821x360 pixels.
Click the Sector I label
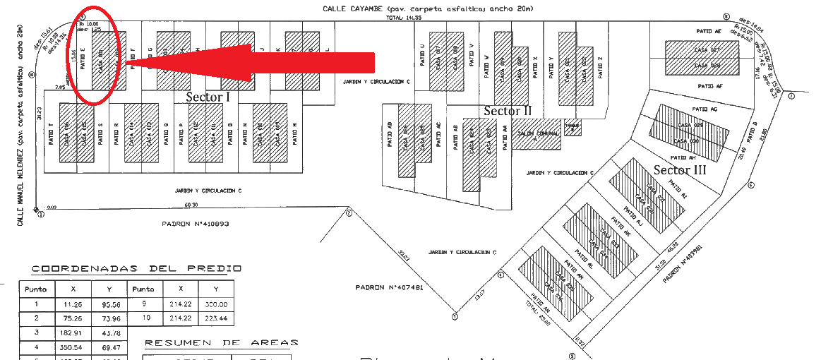[x=208, y=97]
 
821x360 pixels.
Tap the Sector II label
[x=507, y=111]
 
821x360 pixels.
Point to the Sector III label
[x=680, y=169]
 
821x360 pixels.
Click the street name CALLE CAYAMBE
[x=352, y=8]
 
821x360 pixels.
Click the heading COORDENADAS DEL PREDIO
[x=136, y=268]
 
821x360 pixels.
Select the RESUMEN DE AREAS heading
[x=221, y=343]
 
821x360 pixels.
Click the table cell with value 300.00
[x=216, y=304]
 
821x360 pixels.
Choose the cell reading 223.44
[x=216, y=319]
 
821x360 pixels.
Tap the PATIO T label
[x=52, y=134]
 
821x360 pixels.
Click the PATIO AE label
[x=709, y=32]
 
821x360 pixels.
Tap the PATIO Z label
[x=600, y=68]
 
